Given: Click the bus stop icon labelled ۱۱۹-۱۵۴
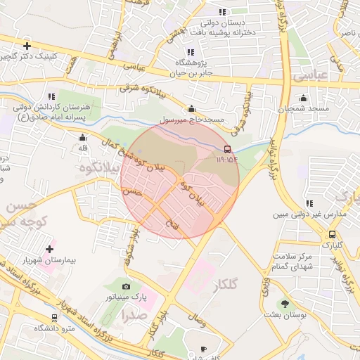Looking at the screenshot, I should (226, 149).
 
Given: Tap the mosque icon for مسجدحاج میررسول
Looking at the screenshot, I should (191, 108).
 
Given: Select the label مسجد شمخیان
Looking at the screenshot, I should (303, 109).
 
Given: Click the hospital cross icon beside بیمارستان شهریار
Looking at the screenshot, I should (49, 249).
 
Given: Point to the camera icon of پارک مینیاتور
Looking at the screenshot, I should (126, 286).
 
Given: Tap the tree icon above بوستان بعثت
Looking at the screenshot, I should (285, 304).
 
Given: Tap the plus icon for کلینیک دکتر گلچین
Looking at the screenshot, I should (27, 46).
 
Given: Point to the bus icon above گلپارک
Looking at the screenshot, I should (332, 234).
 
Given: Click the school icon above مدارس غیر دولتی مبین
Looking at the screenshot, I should (309, 203).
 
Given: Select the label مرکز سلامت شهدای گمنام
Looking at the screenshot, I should (290, 262).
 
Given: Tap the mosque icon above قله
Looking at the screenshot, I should (83, 138).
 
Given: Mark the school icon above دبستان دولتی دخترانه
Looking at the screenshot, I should (223, 12).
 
